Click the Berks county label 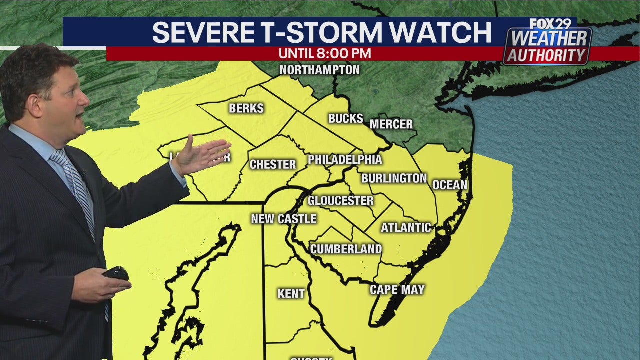tap(246, 108)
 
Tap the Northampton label tap(319, 70)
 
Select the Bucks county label tap(345, 118)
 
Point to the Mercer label tap(391, 124)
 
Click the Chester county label tap(273, 164)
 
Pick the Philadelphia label tap(345, 160)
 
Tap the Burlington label tap(394, 178)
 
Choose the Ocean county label tap(449, 185)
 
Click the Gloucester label tap(340, 201)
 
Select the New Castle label tap(283, 219)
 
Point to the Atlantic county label tap(406, 228)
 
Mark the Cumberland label tap(346, 249)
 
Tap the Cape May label tap(397, 290)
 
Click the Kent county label tap(291, 294)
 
